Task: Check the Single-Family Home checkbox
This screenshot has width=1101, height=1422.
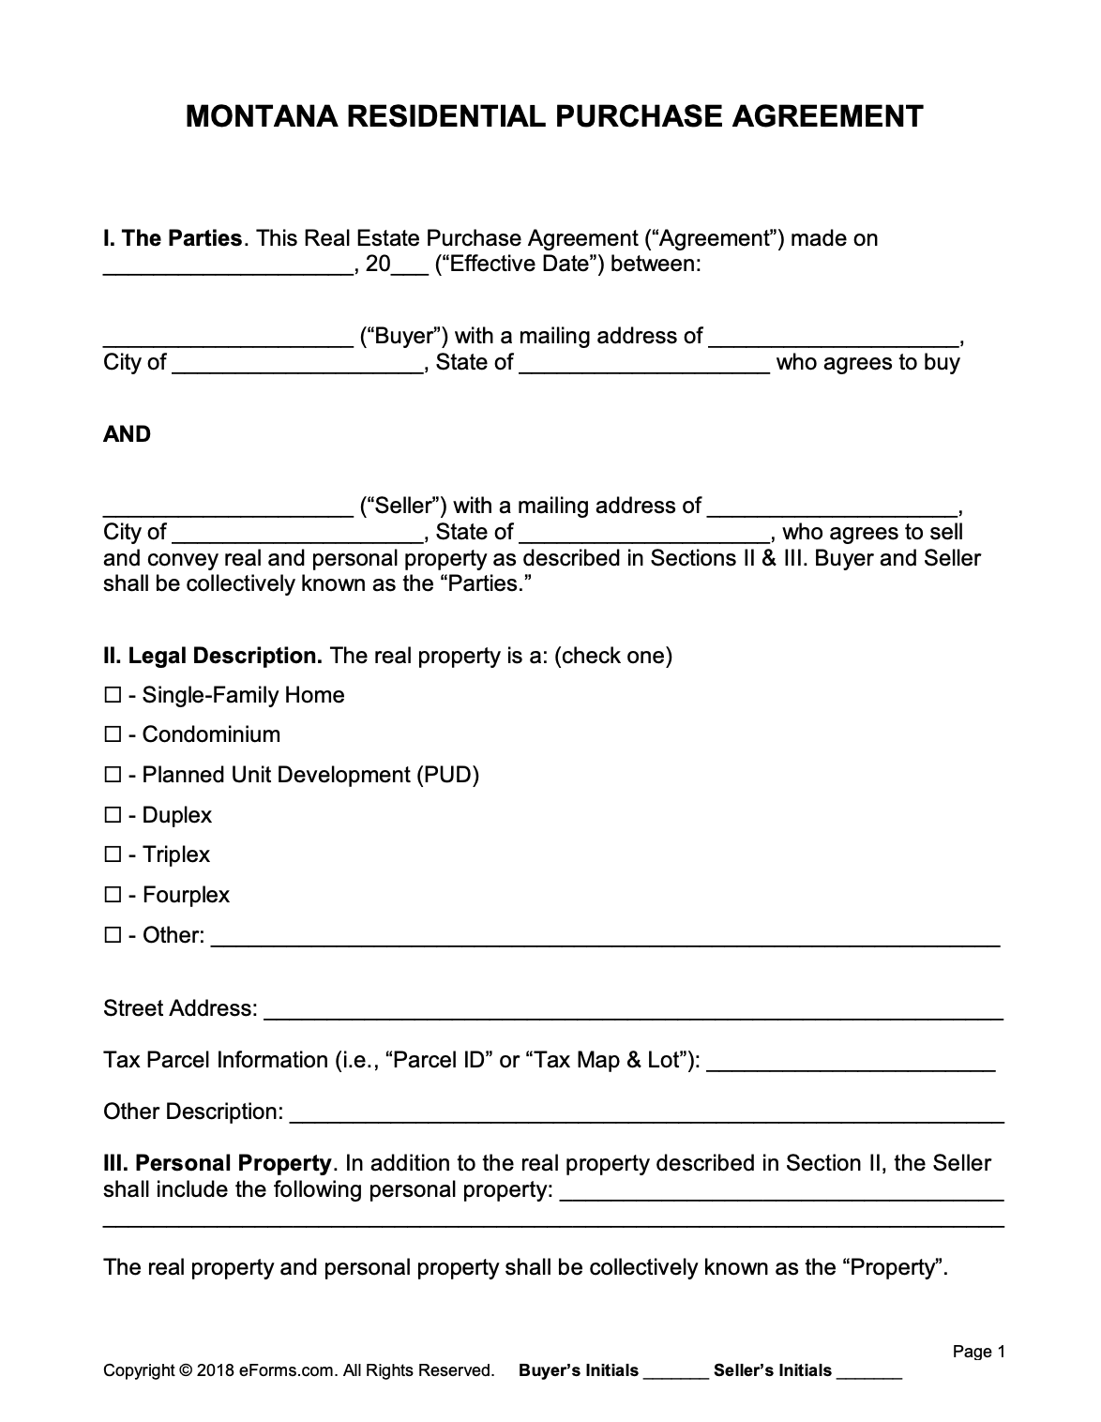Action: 113,696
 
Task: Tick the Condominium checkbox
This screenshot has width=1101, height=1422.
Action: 113,735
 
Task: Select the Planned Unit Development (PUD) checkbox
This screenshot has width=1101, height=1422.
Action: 113,776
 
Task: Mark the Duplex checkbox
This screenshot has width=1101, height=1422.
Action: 113,816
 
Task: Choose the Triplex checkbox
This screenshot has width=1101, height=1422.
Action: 113,855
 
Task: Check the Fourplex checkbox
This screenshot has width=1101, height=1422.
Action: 113,896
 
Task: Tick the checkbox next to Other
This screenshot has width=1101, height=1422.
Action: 113,936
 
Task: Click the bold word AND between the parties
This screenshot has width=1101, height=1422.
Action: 127,434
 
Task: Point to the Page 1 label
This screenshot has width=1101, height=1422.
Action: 978,1352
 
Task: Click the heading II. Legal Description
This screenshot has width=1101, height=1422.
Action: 213,656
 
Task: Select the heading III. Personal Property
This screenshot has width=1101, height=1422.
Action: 218,1164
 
